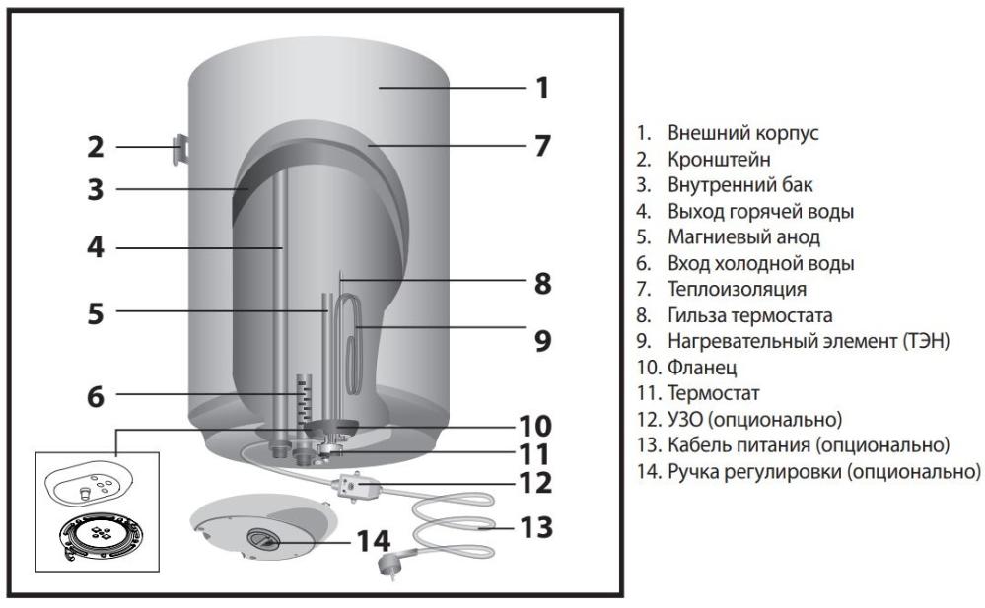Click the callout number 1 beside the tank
(x=541, y=88)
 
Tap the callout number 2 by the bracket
(x=95, y=148)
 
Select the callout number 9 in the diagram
(x=541, y=340)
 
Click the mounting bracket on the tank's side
(x=180, y=147)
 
